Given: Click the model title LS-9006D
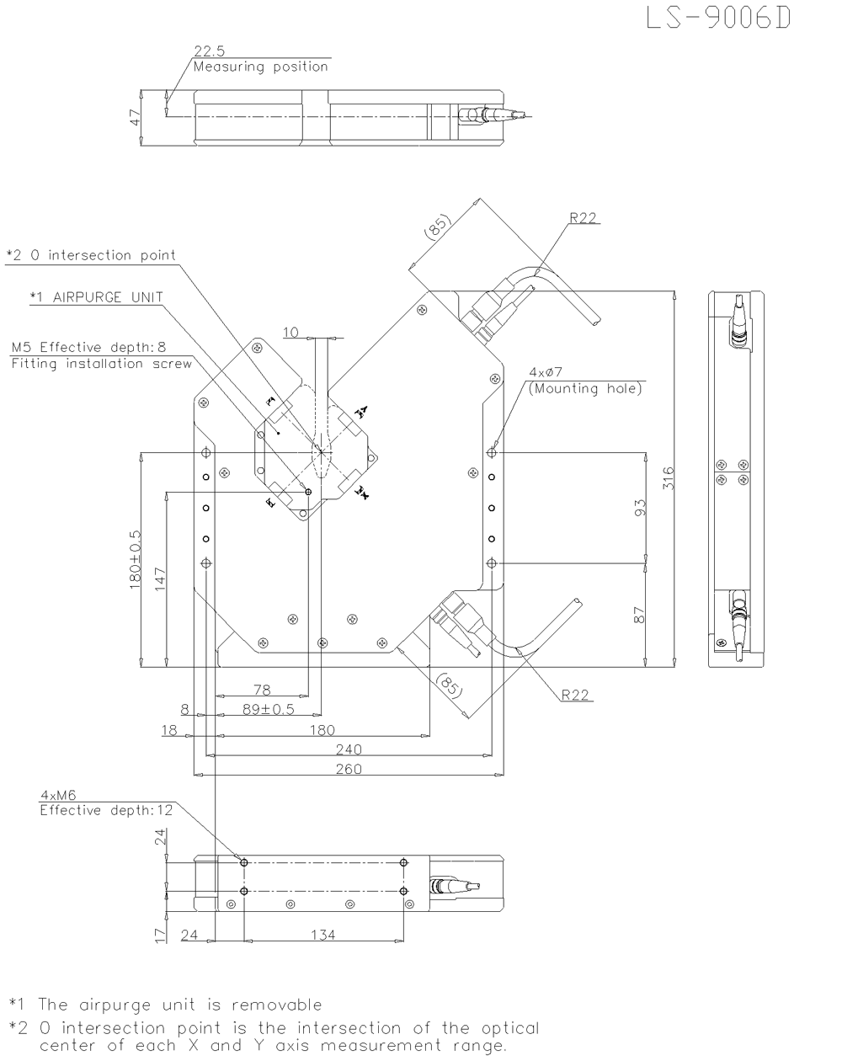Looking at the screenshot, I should pos(718,19).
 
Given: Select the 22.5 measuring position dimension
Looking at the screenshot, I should pos(203,51).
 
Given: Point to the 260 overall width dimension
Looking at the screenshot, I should pos(349,768).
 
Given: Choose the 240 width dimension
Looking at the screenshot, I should pos(349,749).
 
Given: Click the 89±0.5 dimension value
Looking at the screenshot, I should pos(268,709).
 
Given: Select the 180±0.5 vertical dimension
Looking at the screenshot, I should pos(135,560).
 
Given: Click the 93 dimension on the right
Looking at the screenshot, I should pos(640,508).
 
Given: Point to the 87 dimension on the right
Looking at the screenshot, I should pos(640,616).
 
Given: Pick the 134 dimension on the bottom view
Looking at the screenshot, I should pos(323,935).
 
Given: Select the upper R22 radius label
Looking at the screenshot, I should pos(583,218).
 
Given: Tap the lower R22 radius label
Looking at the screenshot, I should pos(575,695).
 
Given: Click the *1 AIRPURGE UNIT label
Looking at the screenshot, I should pos(95,297).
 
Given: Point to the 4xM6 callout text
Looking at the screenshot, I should pos(56,794).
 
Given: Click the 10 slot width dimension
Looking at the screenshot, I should pos(290,333).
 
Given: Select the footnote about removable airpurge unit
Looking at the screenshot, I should pos(165,1005).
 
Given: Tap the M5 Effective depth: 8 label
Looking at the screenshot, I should pos(88,347).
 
